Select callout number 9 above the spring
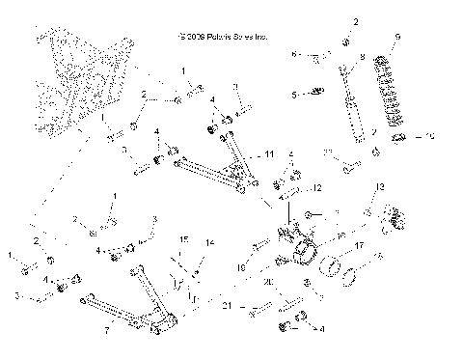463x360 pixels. [397, 38]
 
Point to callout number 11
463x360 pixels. [271, 153]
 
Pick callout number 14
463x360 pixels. [211, 242]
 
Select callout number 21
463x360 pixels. [227, 306]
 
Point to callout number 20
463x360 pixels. [269, 282]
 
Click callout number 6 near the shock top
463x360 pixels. [295, 55]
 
